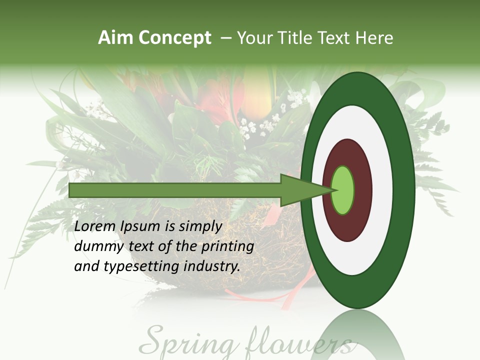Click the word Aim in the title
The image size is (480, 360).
pyautogui.click(x=116, y=38)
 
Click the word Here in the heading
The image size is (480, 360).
pyautogui.click(x=374, y=38)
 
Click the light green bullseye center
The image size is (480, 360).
pyautogui.click(x=343, y=190)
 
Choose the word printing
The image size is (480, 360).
pyautogui.click(x=227, y=247)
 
